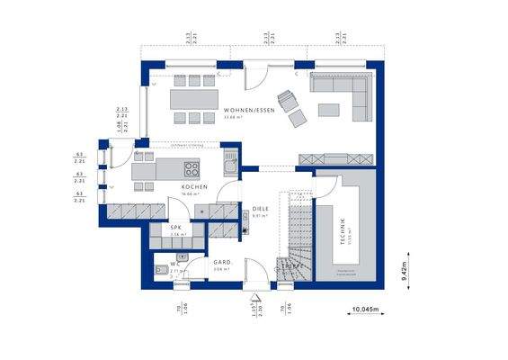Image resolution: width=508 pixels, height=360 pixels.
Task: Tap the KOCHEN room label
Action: (194, 187)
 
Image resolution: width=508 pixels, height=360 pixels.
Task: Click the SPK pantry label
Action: (176, 228)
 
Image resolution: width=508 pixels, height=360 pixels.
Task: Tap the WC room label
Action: (175, 264)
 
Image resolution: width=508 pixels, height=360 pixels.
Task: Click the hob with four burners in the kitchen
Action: (192, 167)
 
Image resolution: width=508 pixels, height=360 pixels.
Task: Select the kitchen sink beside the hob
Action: (230, 166)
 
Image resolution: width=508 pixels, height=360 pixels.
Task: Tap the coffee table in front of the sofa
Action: (328, 110)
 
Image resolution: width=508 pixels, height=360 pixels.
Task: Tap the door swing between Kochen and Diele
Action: (228, 191)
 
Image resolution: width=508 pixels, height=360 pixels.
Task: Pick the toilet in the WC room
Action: (160, 269)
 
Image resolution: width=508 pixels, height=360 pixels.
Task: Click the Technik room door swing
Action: (325, 187)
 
